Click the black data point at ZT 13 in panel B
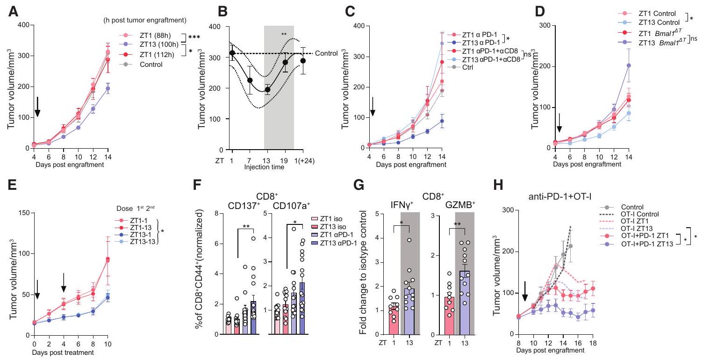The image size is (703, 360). pos(267,90)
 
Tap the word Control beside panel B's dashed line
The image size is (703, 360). pos(326,53)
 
